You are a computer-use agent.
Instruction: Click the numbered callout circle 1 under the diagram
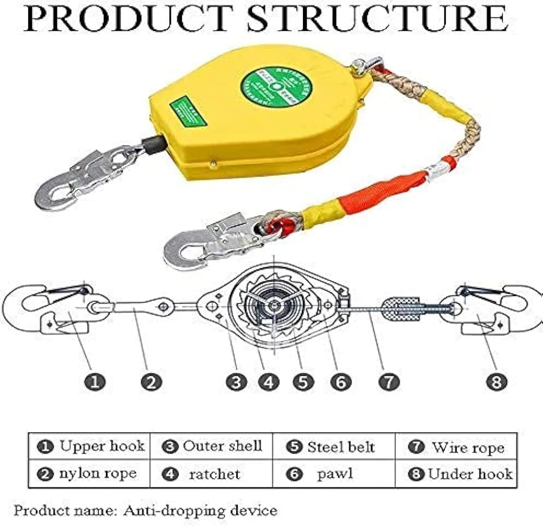pos(95,382)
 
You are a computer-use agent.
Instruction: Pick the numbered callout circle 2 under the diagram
pos(151,382)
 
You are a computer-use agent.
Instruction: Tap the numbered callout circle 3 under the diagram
pos(236,382)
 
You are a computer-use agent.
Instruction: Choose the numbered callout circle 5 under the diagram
pos(303,382)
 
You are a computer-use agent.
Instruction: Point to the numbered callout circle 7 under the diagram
pos(389,382)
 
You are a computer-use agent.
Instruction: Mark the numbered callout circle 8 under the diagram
pos(496,382)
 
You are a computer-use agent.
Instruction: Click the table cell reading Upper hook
pos(90,447)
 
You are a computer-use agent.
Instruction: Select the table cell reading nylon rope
pos(90,474)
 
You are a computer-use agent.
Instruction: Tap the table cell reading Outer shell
pos(212,447)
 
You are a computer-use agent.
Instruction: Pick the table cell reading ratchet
pos(212,474)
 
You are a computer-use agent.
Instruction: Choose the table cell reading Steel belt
pos(333,447)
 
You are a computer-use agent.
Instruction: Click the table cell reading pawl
pos(333,474)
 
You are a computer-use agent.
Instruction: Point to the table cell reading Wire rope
pos(456,447)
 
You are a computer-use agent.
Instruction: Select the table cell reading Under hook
pos(456,474)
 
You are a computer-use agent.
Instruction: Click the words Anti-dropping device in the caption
pos(200,511)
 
